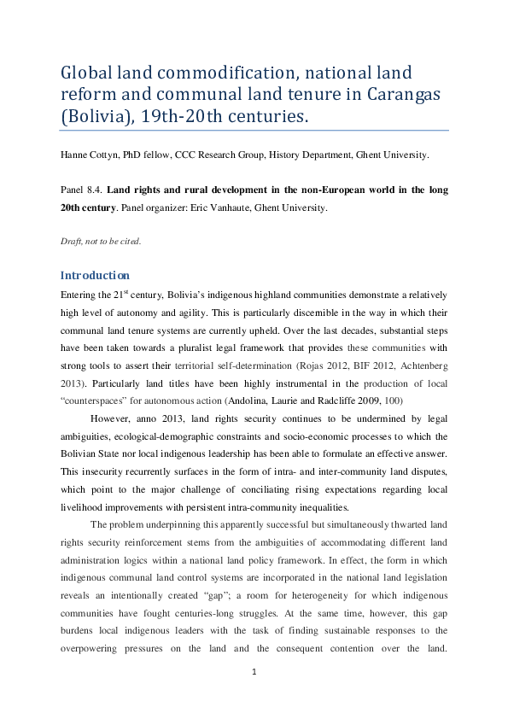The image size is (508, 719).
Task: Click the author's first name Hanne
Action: click(73, 155)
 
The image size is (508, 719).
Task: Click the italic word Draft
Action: click(71, 241)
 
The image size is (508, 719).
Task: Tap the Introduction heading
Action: click(95, 275)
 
